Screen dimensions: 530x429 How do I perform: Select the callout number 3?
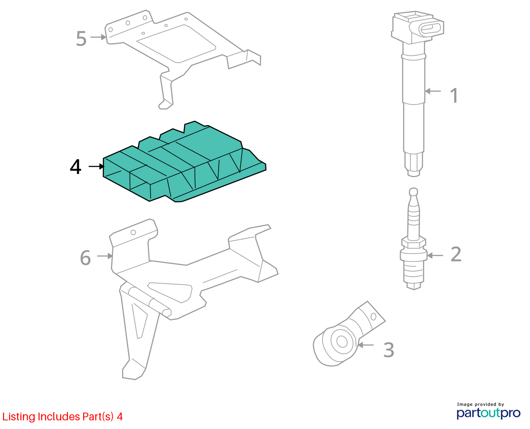389,350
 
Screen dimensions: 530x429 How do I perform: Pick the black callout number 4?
76,167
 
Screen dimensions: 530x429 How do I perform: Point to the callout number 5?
81,38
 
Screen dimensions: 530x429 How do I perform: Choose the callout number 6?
85,258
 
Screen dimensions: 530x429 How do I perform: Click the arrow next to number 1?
433,91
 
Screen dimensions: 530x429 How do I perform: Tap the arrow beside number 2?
435,255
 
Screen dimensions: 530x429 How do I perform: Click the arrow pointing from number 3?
365,345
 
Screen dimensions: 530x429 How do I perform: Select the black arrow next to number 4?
97,166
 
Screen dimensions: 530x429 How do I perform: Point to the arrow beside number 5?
98,37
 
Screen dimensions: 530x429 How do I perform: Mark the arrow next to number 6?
105,256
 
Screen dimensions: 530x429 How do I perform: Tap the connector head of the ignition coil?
417,27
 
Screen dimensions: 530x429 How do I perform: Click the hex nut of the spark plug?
414,243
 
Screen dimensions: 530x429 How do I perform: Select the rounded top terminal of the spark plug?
414,192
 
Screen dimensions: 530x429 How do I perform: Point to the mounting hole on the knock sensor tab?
373,317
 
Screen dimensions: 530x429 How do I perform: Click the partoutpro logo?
488,413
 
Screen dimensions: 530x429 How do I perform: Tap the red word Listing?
19,417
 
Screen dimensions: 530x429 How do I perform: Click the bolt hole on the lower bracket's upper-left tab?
133,232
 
